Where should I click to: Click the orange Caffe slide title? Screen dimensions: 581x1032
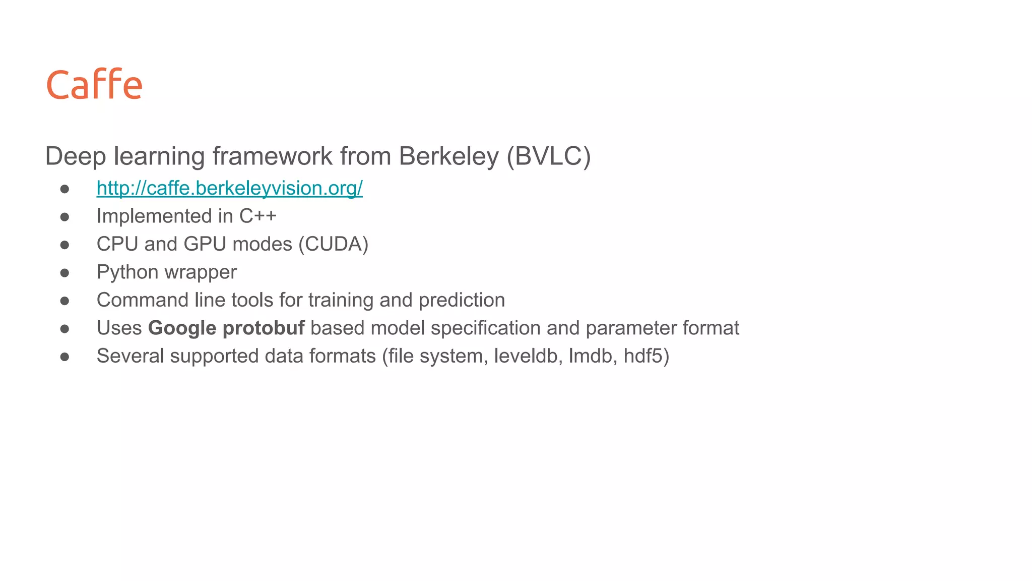[94, 84]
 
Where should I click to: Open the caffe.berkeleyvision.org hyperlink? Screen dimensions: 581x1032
[229, 188]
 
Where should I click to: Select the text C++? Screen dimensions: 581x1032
[257, 216]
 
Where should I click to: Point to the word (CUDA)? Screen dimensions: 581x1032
[333, 244]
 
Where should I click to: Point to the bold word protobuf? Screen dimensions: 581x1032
[264, 328]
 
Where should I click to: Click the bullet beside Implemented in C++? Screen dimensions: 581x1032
[64, 217]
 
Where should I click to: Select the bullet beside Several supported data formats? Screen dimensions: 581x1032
[64, 357]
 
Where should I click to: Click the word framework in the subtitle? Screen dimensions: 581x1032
[272, 156]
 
